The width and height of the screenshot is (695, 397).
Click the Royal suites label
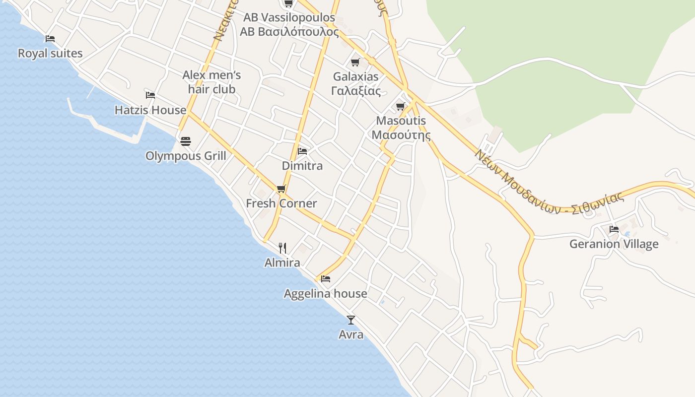[50, 54]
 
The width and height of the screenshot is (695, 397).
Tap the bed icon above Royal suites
[50, 39]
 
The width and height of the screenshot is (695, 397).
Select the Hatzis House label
[150, 110]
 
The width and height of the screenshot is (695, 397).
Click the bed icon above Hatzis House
[150, 95]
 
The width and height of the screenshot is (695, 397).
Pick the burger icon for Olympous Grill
[186, 141]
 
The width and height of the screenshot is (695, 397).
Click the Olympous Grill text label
[186, 156]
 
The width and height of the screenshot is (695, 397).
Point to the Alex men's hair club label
[211, 82]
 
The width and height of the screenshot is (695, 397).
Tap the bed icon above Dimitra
[302, 151]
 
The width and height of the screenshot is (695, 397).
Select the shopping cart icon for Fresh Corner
[281, 189]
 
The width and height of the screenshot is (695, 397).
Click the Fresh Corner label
[281, 203]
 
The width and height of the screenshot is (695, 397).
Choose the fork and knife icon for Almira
[282, 248]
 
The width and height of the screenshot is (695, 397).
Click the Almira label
[282, 263]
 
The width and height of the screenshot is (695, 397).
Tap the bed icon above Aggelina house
[326, 279]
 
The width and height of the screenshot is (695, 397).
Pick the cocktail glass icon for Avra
[351, 320]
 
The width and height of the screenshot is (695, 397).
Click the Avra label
[351, 335]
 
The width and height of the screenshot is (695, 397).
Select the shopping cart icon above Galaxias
[355, 63]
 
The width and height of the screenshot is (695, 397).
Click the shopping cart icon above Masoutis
[401, 106]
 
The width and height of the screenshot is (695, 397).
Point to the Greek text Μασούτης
[401, 135]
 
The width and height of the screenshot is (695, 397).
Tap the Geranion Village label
[614, 244]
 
